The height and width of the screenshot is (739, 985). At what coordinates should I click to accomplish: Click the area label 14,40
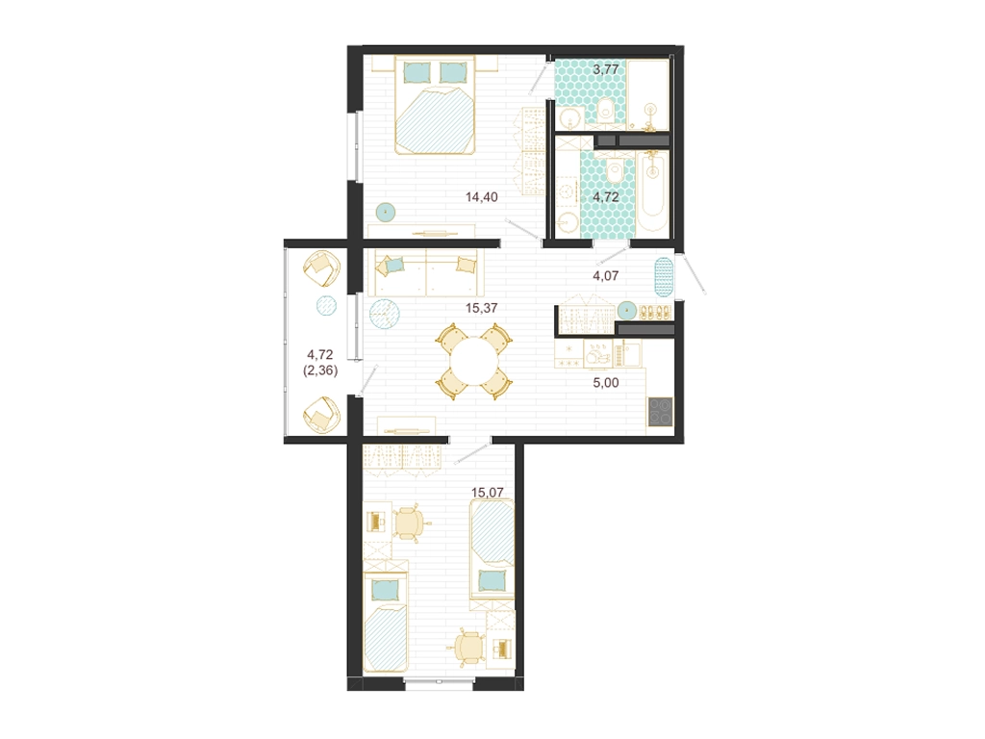point(481,196)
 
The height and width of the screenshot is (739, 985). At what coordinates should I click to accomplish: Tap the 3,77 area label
point(606,69)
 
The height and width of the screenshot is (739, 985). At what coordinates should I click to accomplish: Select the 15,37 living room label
point(481,308)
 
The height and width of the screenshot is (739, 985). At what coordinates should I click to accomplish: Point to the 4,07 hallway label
point(606,275)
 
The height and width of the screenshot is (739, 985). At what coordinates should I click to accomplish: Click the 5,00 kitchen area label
point(606,382)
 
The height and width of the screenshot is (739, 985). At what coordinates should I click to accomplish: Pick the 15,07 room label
point(488,493)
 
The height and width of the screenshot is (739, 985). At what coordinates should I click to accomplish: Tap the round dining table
point(475,362)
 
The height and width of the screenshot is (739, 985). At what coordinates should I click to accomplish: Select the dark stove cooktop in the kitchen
point(660,412)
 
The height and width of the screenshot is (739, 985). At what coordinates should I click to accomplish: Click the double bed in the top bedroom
point(434,104)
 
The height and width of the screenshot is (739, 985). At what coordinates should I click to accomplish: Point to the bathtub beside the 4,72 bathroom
point(654,191)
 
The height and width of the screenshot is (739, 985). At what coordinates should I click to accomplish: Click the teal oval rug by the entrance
point(664,277)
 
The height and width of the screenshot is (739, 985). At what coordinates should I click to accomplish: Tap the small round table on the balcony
point(326,306)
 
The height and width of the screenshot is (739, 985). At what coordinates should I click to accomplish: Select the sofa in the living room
point(426,272)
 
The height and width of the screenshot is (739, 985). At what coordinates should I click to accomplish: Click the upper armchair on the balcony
point(321,268)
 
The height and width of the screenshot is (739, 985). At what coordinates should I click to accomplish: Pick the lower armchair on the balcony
point(321,414)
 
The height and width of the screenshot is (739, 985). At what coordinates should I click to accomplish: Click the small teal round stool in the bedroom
point(385,213)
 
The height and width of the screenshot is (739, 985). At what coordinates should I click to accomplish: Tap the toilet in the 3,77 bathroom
point(606,111)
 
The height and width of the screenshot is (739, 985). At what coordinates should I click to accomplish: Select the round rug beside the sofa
point(385,314)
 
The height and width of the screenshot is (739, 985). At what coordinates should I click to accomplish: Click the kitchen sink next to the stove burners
point(597,355)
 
